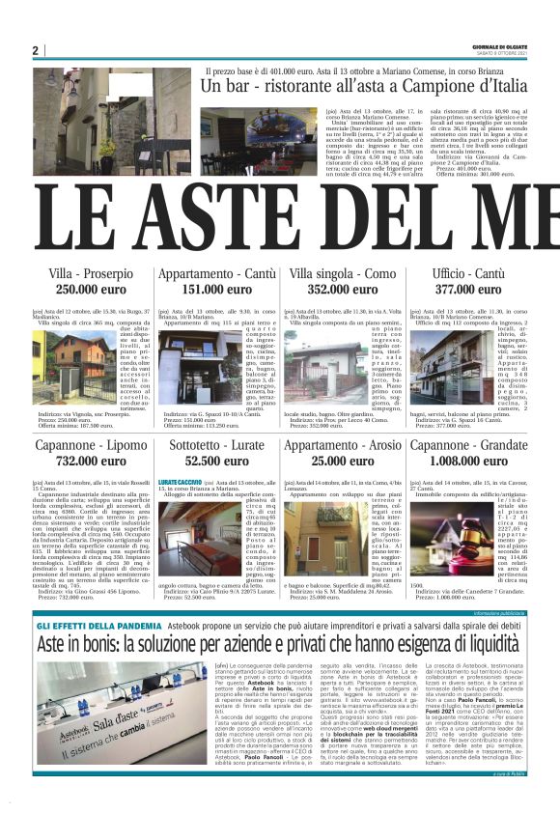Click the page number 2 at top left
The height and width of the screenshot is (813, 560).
[35, 50]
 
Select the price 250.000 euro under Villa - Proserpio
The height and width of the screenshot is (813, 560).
[91, 289]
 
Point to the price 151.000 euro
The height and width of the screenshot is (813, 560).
[215, 289]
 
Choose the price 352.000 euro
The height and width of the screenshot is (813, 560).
[342, 289]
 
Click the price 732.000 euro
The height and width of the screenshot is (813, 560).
[91, 461]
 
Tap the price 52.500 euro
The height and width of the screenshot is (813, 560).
[215, 461]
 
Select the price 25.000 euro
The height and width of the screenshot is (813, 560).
[342, 461]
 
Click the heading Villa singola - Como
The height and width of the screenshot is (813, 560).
[342, 273]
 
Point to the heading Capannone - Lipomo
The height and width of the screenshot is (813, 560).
[91, 445]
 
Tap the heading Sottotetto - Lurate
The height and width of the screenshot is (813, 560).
[215, 445]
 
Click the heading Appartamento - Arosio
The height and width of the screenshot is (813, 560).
[342, 445]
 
